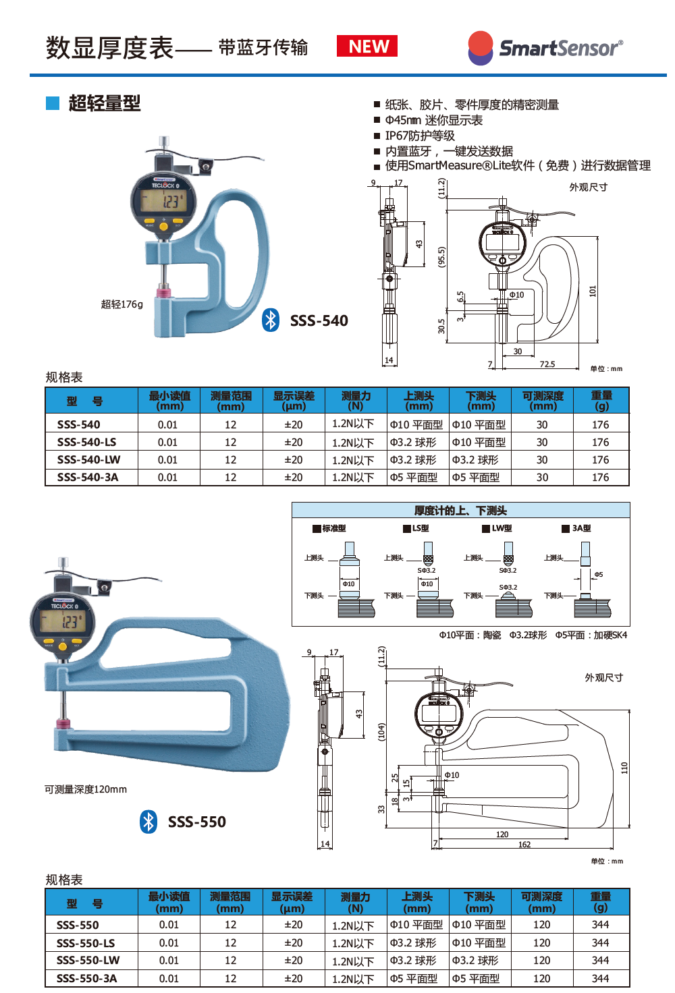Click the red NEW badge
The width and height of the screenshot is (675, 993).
point(367,47)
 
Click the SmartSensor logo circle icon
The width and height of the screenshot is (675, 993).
point(481,48)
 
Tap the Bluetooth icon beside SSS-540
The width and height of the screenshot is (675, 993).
point(271,320)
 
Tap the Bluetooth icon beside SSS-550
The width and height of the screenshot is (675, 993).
point(148,821)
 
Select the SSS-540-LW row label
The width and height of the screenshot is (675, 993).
point(88,459)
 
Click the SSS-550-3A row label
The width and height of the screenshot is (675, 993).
point(86,978)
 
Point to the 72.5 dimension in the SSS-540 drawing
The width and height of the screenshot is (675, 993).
point(547,364)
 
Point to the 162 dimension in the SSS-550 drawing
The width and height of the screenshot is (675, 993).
point(524,845)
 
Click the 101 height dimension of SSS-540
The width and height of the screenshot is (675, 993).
point(593,291)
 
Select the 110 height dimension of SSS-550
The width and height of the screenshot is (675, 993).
point(624,768)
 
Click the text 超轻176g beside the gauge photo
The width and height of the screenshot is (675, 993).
point(122,304)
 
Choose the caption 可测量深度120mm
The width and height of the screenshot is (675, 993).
point(86,789)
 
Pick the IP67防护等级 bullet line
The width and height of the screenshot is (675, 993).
point(419,136)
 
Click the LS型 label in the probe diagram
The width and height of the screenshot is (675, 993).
point(420,528)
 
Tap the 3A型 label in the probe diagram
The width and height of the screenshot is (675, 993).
point(580,528)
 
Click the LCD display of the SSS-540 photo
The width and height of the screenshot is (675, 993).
point(163,200)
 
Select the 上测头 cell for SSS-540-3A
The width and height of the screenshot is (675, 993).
point(413,477)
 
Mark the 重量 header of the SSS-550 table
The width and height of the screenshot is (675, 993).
point(600,902)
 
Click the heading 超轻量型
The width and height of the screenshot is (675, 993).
point(104,103)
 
